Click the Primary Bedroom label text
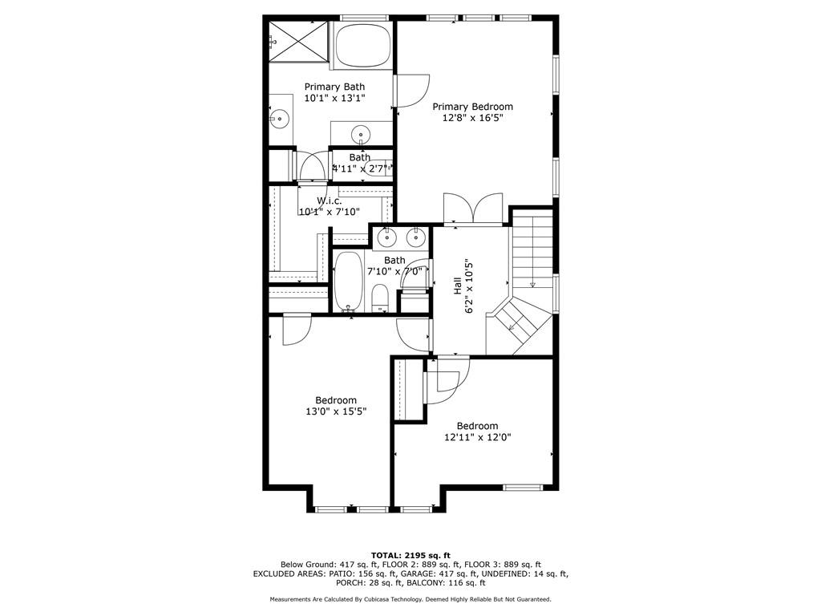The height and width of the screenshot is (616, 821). coord(472,106)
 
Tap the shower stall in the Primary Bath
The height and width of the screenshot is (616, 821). coord(297,41)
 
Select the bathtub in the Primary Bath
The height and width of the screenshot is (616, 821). coord(361,47)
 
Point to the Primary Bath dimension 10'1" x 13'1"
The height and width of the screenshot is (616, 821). coord(334,98)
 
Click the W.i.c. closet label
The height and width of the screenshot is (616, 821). coord(330,201)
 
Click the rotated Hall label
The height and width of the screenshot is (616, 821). coord(457,285)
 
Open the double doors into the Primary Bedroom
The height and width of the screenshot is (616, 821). coord(474,209)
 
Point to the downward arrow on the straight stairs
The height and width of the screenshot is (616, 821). coord(532,282)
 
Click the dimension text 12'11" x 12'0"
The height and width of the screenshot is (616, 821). coord(477,438)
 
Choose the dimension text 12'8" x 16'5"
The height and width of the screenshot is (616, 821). coord(472,118)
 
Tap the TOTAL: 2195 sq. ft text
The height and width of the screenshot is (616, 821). coord(410,555)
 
